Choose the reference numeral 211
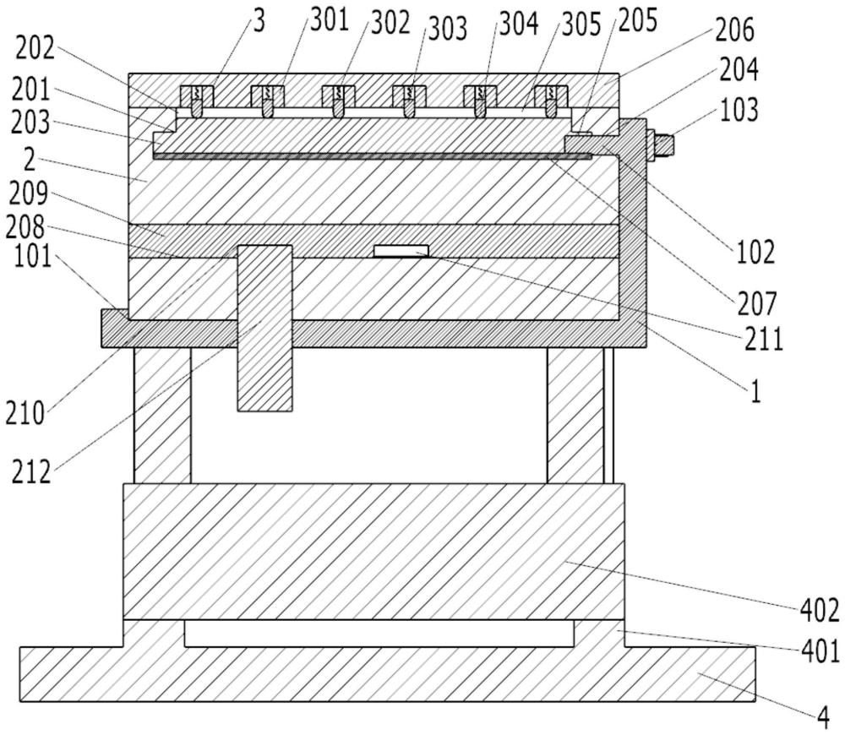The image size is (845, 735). [x=764, y=340]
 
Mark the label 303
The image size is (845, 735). [x=445, y=29]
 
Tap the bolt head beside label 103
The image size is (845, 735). [x=662, y=144]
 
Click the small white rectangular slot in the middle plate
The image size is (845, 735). [x=401, y=250]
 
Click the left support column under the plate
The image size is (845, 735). [x=162, y=414]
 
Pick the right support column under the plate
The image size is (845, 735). [x=575, y=414]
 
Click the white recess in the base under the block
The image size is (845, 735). [x=379, y=632]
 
